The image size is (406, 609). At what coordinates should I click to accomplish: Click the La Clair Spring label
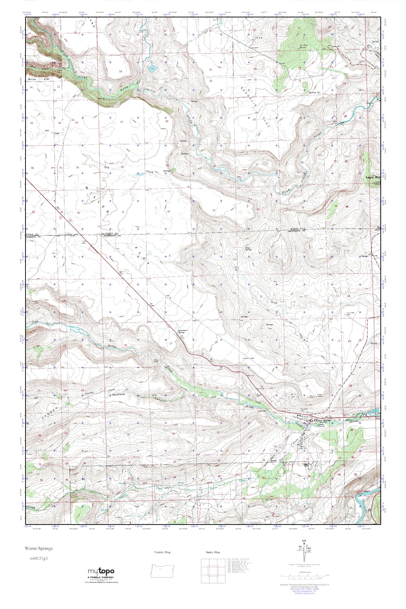click(304, 46)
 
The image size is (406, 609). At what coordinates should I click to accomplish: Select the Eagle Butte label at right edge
click(373, 178)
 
